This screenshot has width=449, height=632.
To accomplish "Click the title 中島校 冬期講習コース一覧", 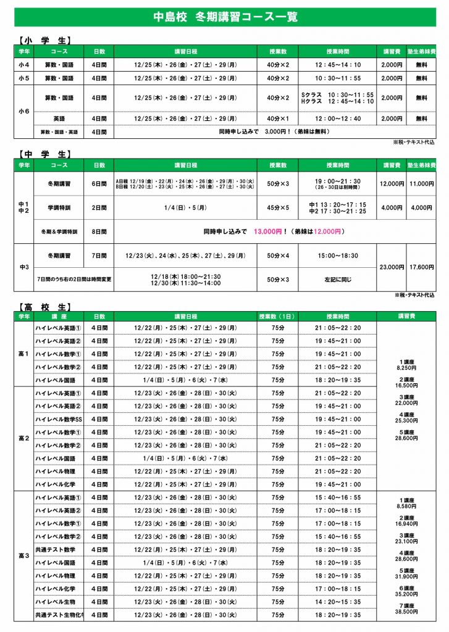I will [225, 17].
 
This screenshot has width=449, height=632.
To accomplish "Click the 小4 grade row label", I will [23, 64].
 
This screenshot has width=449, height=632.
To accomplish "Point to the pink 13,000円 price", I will [268, 231].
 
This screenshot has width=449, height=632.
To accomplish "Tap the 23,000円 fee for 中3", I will [392, 267].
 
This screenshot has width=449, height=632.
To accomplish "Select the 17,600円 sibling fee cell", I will [421, 267].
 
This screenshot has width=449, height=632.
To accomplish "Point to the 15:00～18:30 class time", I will [338, 255].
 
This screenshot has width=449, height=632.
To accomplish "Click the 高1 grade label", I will [23, 354].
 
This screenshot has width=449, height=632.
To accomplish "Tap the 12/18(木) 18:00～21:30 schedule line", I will [185, 276].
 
